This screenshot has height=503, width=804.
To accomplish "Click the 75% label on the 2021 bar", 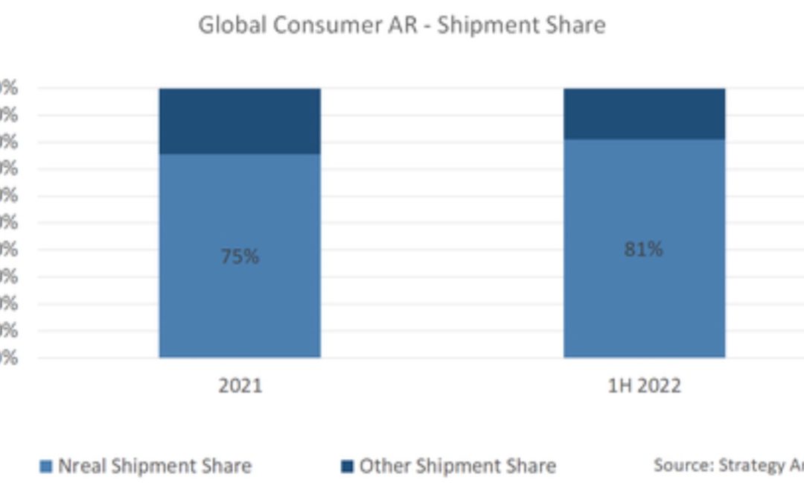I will (239, 257).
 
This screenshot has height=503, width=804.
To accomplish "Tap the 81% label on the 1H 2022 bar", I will (643, 250).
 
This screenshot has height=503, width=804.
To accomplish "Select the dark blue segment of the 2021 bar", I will (239, 121).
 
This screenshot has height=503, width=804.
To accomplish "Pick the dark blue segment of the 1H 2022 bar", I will (643, 113).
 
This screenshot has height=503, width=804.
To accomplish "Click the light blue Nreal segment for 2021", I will (239, 313).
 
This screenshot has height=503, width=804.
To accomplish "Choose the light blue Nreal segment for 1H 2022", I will (643, 313).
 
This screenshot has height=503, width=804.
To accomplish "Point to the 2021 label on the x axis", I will (240, 386).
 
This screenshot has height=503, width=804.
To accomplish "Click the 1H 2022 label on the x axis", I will (644, 386).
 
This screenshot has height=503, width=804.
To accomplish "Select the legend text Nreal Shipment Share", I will (154, 466).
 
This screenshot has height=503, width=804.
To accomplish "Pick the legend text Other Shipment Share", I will (457, 466).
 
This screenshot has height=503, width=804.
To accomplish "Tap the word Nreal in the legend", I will (80, 466).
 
